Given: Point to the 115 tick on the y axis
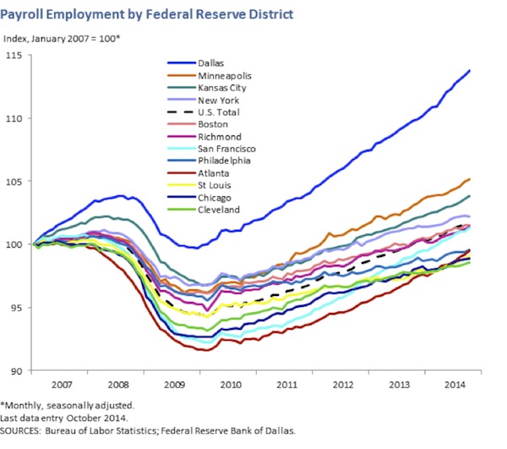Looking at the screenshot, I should tap(15, 56).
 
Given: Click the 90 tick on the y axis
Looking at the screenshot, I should tap(17, 370).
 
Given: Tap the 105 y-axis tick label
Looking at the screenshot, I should tap(15, 182).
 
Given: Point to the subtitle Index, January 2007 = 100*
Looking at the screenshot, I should tap(62, 38).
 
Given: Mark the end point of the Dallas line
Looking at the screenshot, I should tap(470, 71).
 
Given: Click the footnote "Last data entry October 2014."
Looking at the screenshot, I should tap(63, 418).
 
